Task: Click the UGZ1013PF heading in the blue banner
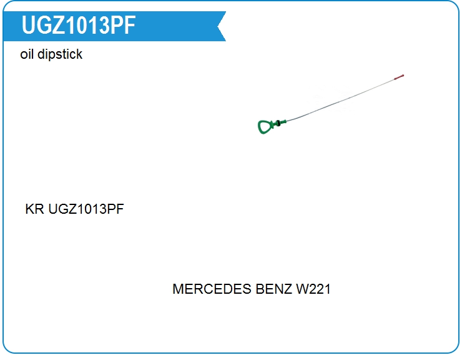[79, 26]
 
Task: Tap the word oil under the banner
[27, 54]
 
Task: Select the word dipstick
[60, 55]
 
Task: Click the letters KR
[35, 209]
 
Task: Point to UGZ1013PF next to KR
[86, 209]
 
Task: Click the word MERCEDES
[212, 289]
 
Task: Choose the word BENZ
[273, 289]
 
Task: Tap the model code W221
[313, 289]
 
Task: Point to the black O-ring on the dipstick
[278, 124]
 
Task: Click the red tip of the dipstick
[399, 77]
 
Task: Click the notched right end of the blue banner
[221, 26]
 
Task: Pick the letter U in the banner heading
[28, 26]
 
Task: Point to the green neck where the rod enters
[282, 122]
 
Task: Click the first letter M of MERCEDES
[179, 289]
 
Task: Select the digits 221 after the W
[320, 289]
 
